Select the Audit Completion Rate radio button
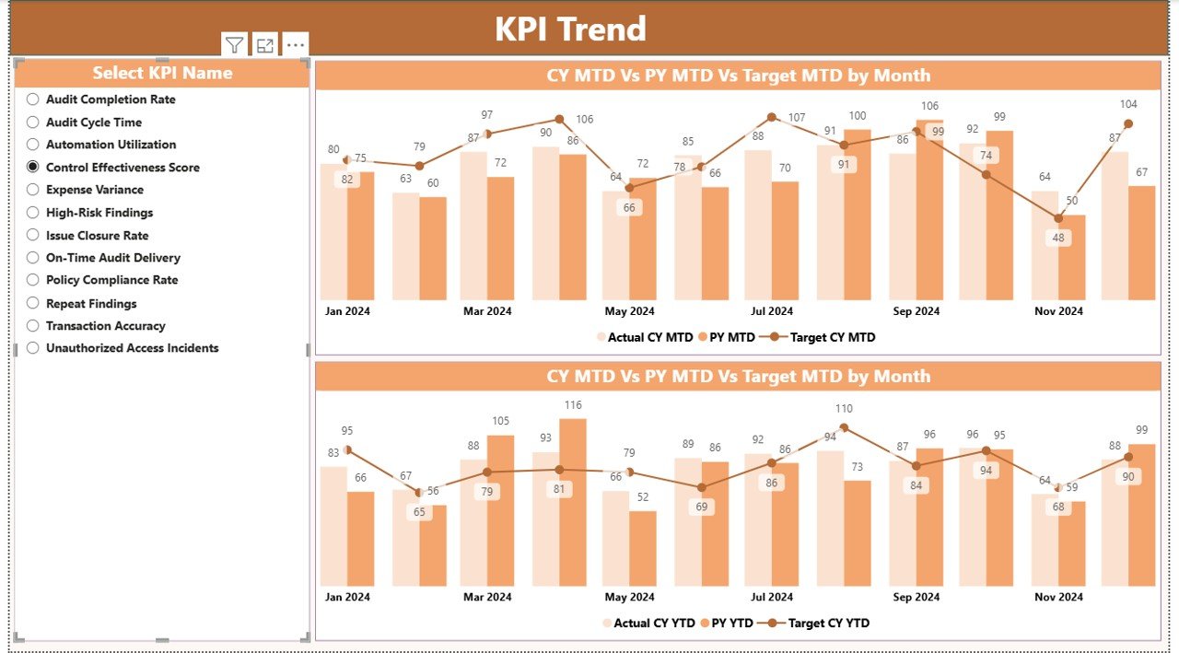click(x=33, y=99)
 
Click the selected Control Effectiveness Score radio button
click(x=33, y=167)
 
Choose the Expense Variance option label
click(x=95, y=190)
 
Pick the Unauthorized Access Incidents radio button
click(x=33, y=348)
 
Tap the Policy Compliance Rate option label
click(x=111, y=280)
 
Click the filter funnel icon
click(x=235, y=45)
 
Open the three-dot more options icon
click(x=295, y=45)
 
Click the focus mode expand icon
click(x=265, y=45)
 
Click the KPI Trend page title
click(x=570, y=29)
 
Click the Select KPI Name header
click(x=162, y=73)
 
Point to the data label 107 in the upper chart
click(x=796, y=118)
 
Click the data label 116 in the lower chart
click(x=573, y=405)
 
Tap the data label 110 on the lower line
click(x=844, y=409)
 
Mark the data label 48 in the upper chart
click(x=1058, y=238)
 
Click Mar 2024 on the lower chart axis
click(x=487, y=597)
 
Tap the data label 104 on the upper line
click(x=1128, y=105)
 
